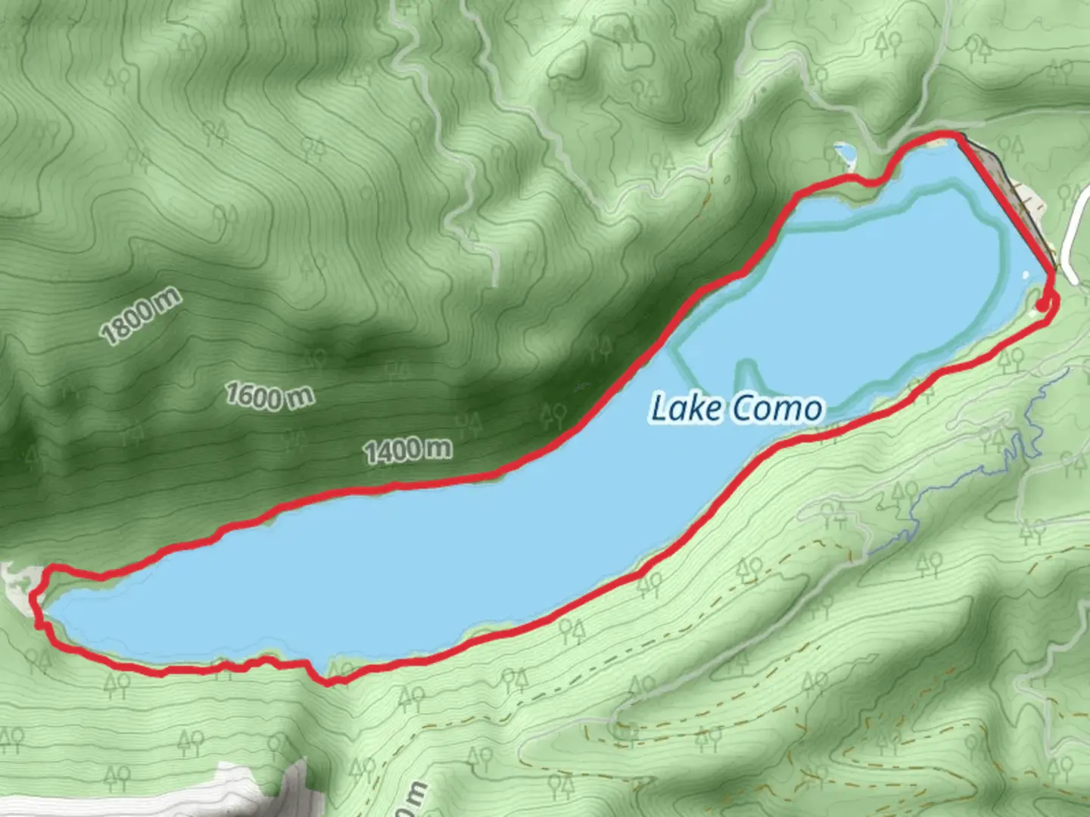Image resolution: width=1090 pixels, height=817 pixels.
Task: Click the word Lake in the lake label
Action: pyautogui.click(x=687, y=408)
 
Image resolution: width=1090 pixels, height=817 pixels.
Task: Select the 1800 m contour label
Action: pyautogui.click(x=141, y=315)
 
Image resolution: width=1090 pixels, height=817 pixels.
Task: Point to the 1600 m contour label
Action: pyautogui.click(x=269, y=396)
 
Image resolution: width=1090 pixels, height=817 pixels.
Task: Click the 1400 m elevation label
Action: pyautogui.click(x=408, y=451)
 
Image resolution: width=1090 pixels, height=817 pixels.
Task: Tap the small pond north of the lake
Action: pyautogui.click(x=845, y=154)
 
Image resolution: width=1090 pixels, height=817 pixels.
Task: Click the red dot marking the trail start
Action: pyautogui.click(x=1042, y=305)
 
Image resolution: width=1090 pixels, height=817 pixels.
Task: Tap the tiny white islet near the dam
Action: pyautogui.click(x=1026, y=275)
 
